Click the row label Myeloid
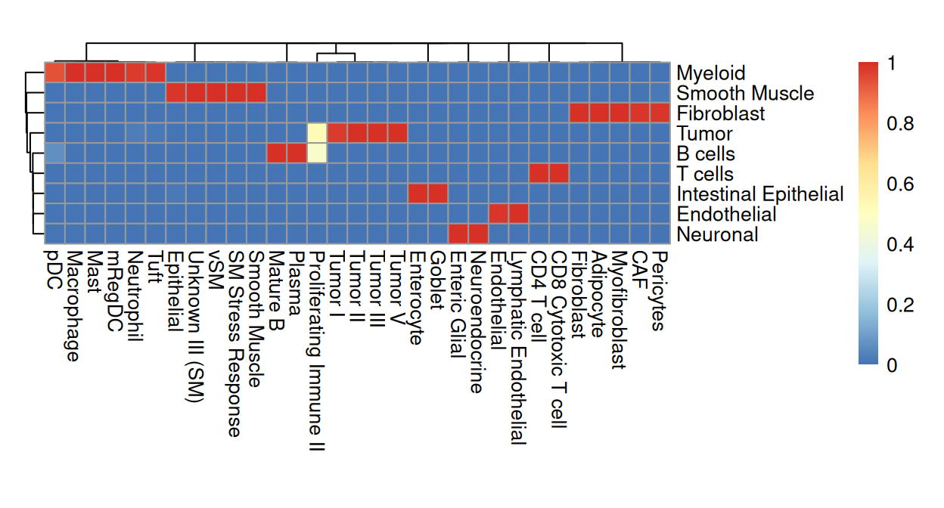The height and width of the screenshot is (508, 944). tap(710, 73)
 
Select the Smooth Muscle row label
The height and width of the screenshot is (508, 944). tap(744, 94)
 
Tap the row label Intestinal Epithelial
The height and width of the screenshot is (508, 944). tap(759, 194)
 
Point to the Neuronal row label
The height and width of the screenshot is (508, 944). tap(717, 235)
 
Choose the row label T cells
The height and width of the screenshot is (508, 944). tap(705, 175)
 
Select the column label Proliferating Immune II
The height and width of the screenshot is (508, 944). tap(317, 352)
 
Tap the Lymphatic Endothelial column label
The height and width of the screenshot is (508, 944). tap(518, 348)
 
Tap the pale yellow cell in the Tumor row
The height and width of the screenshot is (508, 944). tap(317, 133)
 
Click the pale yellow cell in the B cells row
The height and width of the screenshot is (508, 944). tap(317, 153)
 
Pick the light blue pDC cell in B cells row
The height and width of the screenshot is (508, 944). tap(54, 153)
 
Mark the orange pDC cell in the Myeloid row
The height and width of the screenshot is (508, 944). tap(54, 72)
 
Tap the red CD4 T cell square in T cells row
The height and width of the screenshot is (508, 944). tap(539, 173)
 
